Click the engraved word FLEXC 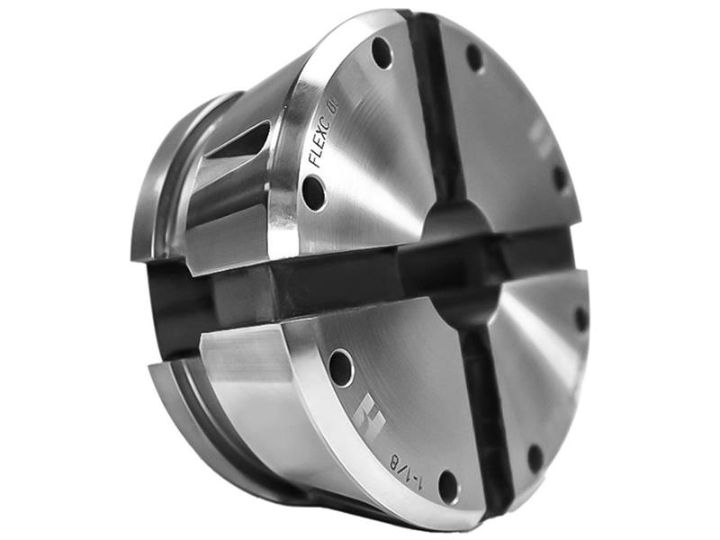(320, 144)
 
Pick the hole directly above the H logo (341, 367)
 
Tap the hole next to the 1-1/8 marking (447, 487)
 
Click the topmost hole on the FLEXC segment (382, 53)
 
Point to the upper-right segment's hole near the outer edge (560, 177)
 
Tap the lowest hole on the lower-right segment (535, 458)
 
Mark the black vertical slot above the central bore (432, 108)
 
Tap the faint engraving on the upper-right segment (537, 135)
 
